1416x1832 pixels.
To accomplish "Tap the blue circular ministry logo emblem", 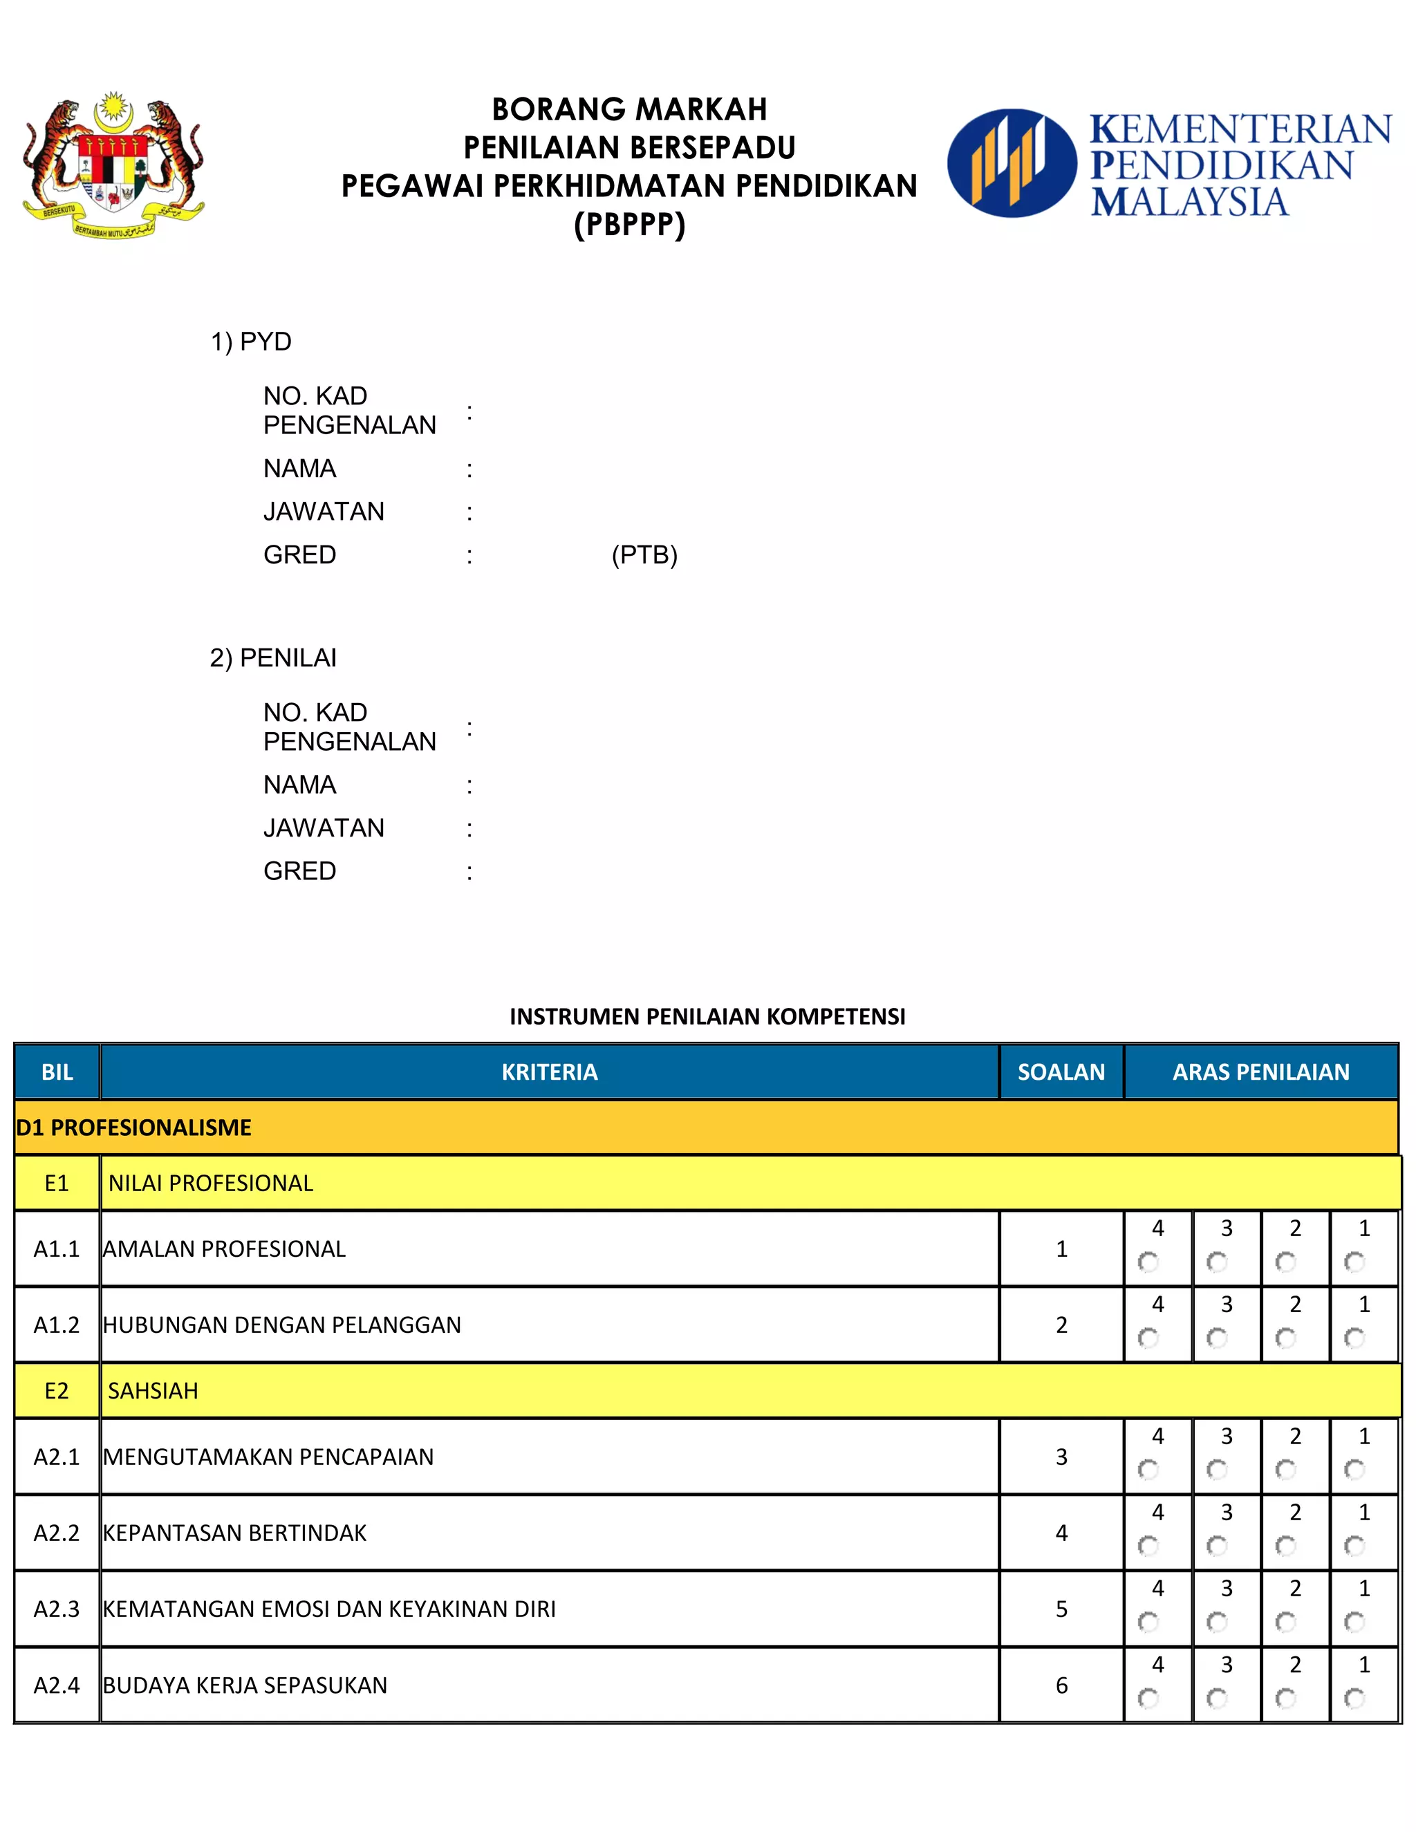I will point(1011,164).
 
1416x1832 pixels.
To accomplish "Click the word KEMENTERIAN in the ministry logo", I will point(1240,129).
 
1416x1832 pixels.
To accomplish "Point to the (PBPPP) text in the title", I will point(629,225).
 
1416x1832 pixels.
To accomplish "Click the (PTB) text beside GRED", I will point(644,554).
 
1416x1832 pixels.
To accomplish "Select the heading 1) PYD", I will point(251,342).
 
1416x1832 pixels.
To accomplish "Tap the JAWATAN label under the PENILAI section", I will point(324,828).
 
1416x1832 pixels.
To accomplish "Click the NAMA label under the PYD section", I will point(299,468).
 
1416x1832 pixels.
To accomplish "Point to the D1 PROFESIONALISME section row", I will point(134,1128).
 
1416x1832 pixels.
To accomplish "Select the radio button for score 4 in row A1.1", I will point(1148,1262).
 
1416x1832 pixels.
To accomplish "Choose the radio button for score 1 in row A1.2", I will point(1354,1338).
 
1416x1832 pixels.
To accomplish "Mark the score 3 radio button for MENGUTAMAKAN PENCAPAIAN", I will point(1216,1470).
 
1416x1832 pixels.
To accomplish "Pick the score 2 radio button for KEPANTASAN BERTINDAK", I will point(1285,1545).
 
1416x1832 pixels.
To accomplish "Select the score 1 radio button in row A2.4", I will point(1354,1699).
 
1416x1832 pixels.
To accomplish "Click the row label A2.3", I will point(56,1609).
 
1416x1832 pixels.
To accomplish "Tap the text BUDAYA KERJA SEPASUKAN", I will point(245,1685).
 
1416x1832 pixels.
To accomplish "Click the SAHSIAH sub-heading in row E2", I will point(153,1391).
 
